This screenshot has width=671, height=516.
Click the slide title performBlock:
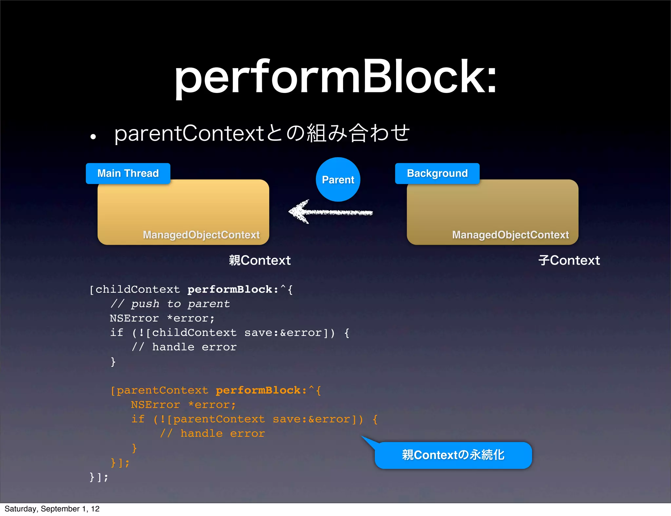[335, 77]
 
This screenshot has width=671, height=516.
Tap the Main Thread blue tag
[128, 173]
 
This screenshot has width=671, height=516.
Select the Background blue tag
[437, 173]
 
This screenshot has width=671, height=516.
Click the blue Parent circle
[338, 179]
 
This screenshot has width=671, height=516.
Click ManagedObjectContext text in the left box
[201, 235]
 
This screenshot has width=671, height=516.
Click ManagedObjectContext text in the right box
[510, 235]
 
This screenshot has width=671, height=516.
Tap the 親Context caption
[259, 261]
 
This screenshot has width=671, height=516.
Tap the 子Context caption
[569, 261]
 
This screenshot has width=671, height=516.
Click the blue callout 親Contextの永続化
[453, 455]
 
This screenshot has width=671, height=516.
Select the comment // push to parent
[170, 304]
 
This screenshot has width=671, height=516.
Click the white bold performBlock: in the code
[233, 289]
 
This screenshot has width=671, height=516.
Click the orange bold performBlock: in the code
[261, 390]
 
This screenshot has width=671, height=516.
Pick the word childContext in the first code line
[138, 289]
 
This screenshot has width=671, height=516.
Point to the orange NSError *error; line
[183, 405]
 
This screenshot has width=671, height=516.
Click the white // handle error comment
[184, 347]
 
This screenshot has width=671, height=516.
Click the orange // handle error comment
[212, 433]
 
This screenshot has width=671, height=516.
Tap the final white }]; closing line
[99, 477]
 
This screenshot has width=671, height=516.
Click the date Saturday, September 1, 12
[52, 509]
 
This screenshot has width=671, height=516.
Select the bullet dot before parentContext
[93, 137]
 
